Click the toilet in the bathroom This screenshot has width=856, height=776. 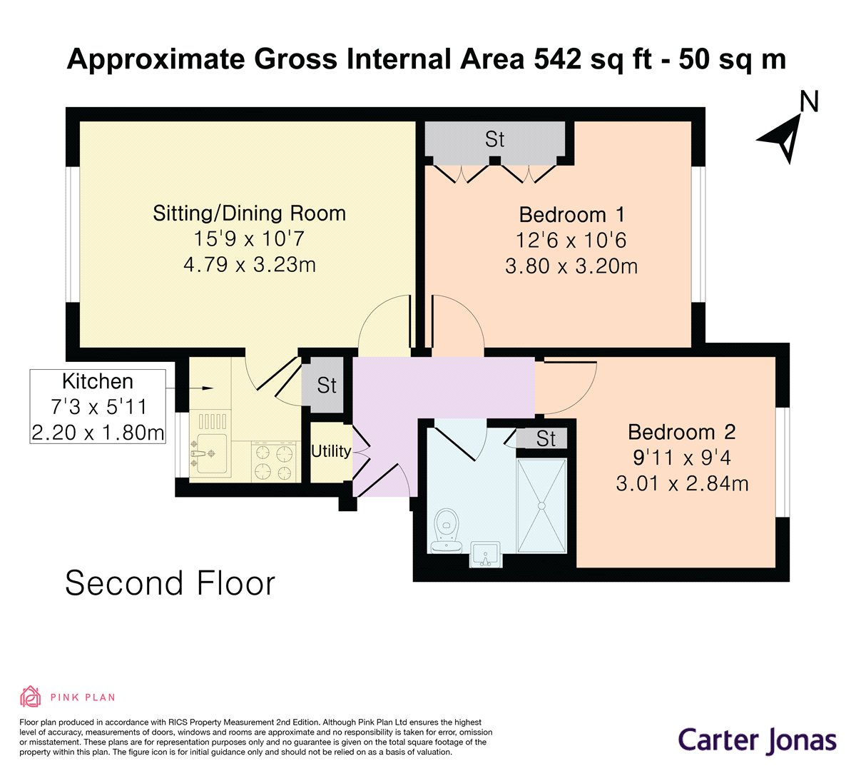tap(447, 530)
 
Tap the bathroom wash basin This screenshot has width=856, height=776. tap(486, 555)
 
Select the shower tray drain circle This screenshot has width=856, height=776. tap(541, 506)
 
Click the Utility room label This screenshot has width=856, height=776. tap(331, 451)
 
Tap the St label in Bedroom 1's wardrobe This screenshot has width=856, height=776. tap(494, 139)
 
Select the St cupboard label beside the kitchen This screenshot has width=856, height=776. tap(327, 386)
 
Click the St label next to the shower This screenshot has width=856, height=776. tap(546, 438)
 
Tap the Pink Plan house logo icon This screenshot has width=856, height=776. tap(31, 697)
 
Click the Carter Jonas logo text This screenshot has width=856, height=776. tap(757, 741)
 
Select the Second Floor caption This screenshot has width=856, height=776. tap(170, 584)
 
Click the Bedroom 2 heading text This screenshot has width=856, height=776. tap(681, 432)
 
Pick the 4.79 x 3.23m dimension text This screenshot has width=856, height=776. tap(250, 265)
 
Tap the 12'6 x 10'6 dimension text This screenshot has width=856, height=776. tap(571, 241)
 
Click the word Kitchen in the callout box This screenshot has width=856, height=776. tap(98, 381)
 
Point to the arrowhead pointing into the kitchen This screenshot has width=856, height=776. tap(208, 388)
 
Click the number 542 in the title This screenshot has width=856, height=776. tap(558, 59)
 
